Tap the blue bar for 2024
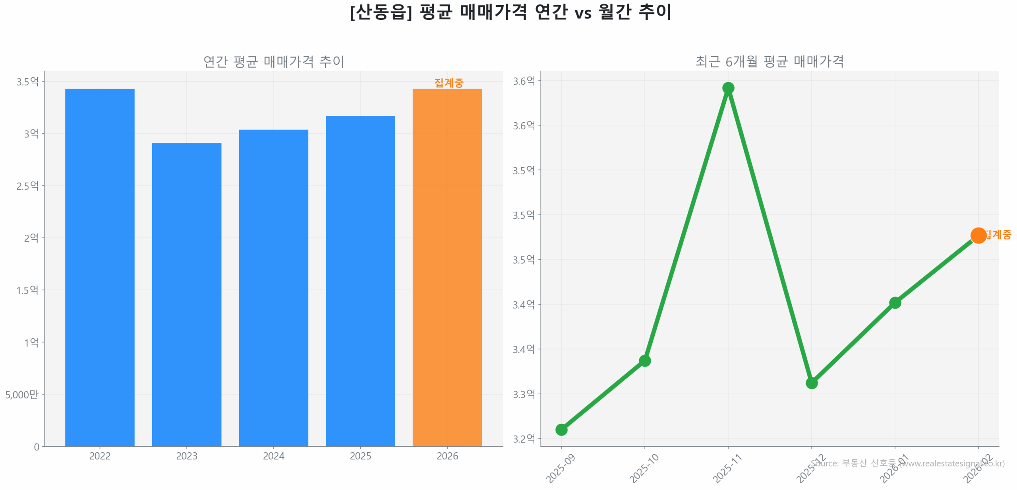pos(273,287)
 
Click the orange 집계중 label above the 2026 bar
pos(449,83)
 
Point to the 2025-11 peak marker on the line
pos(728,88)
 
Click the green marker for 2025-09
pos(561,429)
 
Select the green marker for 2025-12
pos(811,383)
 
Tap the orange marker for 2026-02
pos(978,235)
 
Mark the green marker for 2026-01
pos(895,303)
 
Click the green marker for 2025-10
pos(644,361)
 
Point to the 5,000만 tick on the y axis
pos(22,394)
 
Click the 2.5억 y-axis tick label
pos(27,186)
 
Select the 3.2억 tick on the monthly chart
pos(524,438)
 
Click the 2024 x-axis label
pos(273,456)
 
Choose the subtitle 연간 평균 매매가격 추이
pos(273,62)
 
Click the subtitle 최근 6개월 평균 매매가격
pos(769,62)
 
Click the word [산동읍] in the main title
pos(381,12)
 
